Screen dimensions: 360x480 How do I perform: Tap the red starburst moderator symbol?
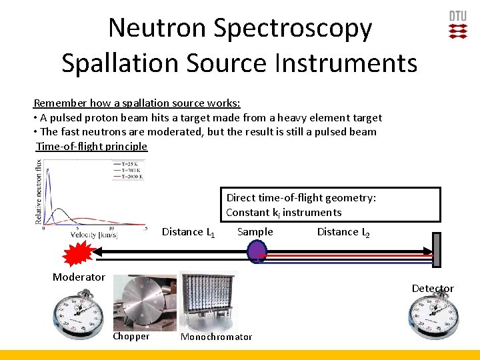[x=78, y=254]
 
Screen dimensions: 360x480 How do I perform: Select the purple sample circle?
[x=257, y=251]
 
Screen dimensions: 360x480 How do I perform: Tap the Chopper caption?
[x=131, y=337]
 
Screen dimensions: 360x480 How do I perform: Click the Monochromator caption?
[x=217, y=337]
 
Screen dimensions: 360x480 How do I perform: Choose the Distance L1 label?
[x=189, y=232]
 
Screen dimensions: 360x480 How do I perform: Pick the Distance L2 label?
[x=343, y=232]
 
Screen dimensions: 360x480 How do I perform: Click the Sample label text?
[x=255, y=232]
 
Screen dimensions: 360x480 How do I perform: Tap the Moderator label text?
[x=79, y=277]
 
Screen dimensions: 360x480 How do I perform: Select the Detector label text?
[x=433, y=288]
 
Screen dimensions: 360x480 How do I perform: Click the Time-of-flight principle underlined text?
[x=91, y=146]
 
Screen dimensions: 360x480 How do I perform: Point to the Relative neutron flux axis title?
[x=39, y=191]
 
